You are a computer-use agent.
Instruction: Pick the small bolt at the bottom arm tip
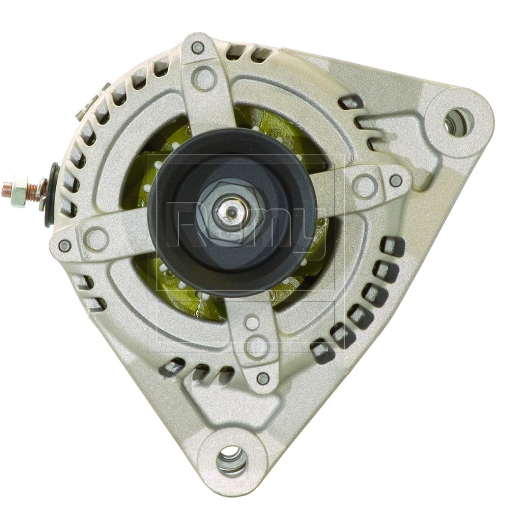click(262, 378)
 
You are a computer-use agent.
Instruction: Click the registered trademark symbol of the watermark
click(350, 157)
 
